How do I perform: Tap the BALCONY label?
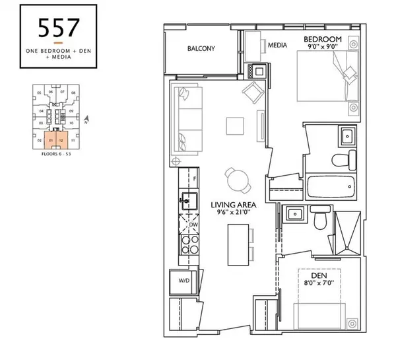[x=202, y=49]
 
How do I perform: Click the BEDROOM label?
[x=323, y=40]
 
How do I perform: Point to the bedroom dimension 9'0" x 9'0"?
[x=323, y=48]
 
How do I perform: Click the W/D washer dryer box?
[x=183, y=280]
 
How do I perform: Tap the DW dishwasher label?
[x=193, y=225]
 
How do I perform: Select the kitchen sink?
[x=188, y=199]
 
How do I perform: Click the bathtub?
[x=331, y=188]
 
